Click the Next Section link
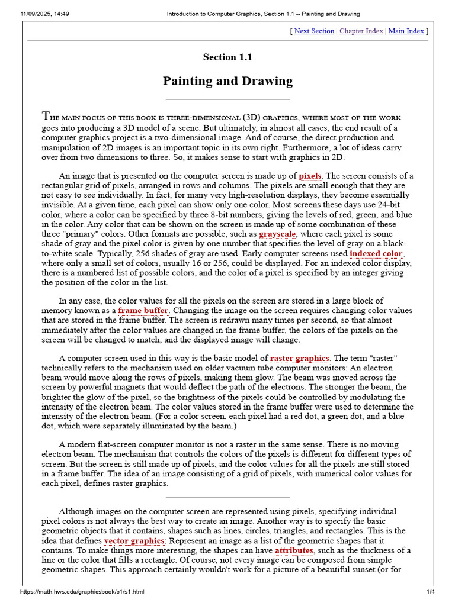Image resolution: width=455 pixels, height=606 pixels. point(314,31)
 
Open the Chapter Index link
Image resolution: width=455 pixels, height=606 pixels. point(361,31)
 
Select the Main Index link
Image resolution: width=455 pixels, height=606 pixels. point(406,31)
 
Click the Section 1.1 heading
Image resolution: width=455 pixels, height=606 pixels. point(227,57)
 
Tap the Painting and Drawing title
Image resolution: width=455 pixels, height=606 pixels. point(227,81)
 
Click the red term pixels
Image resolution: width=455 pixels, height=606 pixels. point(310,176)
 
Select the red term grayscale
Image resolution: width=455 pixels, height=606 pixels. point(277,234)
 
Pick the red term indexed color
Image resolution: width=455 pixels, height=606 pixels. point(376,253)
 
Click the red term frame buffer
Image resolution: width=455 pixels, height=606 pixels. point(143,310)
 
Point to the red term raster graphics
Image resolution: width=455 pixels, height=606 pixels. point(299,358)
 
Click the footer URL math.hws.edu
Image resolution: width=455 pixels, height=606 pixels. point(82,592)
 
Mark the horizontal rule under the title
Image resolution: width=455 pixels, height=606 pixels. point(227,99)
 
